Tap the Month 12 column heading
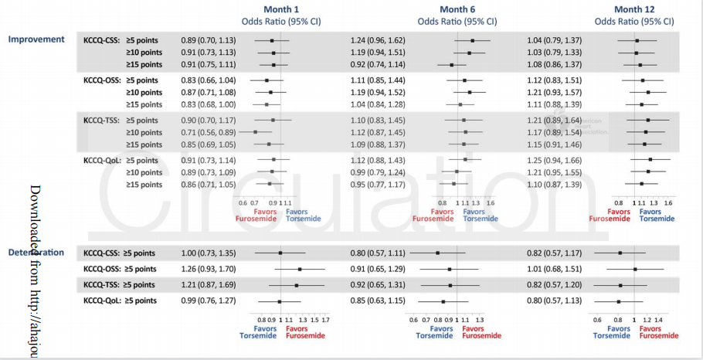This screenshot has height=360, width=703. (636, 9)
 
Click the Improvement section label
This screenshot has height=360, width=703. (37, 38)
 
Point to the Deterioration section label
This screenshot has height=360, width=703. (37, 252)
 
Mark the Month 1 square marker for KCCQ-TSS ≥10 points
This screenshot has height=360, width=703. (255, 133)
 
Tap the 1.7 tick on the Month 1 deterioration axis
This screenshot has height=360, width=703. (326, 318)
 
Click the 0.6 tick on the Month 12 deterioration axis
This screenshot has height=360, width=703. (596, 318)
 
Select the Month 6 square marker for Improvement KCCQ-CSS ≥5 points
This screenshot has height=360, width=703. (472, 40)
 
